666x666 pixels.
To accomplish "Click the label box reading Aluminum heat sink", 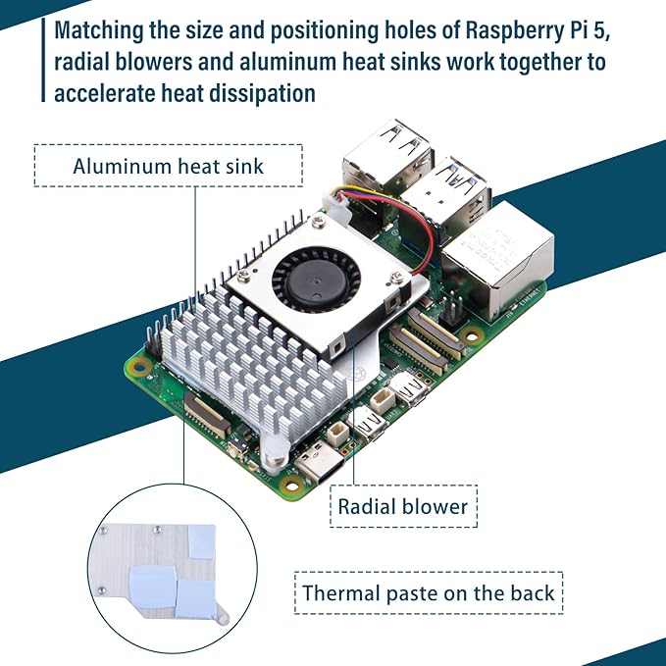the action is point(168,166).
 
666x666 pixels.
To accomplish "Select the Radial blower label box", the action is point(402,507).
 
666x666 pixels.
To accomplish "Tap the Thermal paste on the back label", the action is point(429,592).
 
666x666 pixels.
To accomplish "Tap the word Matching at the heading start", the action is point(103,30).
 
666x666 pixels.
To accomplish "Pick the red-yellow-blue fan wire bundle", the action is point(392,210).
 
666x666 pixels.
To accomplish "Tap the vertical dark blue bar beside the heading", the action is point(44,61).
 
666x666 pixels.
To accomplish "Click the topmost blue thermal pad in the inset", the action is point(200,536).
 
